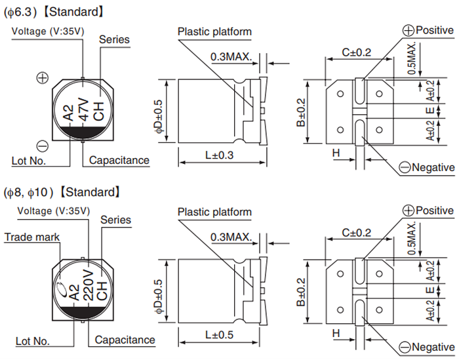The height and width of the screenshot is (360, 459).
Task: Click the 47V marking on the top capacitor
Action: pos(83,108)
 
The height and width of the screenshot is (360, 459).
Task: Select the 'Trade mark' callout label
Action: pos(32,237)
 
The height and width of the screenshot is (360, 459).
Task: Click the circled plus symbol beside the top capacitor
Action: pos(43,79)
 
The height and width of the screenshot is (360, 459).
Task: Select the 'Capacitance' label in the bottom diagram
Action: pos(125,340)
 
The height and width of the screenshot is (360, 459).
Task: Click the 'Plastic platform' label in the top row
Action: pos(214,31)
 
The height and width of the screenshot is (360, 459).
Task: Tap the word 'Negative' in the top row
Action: pos(433,167)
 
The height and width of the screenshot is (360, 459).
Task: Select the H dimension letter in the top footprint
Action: pos(336,153)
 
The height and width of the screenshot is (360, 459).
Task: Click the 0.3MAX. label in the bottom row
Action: pos(231,237)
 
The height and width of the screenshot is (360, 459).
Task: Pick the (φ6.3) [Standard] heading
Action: pos(53,12)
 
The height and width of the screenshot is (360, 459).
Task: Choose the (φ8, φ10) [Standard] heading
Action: pos(63,192)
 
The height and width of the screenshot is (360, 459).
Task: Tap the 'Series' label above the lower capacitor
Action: pos(115,220)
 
